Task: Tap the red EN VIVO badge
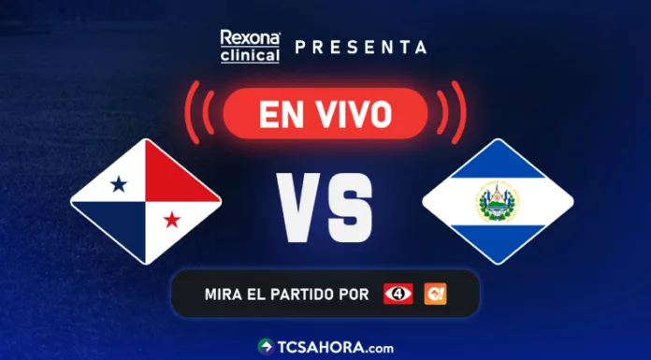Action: [x=325, y=113]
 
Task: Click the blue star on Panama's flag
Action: [x=119, y=184]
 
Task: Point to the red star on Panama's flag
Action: [x=172, y=220]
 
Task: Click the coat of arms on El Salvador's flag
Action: [x=497, y=202]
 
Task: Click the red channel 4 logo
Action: [x=398, y=294]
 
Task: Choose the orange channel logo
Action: [x=435, y=294]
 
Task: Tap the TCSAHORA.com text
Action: [x=334, y=346]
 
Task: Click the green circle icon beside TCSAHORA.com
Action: [x=265, y=346]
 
